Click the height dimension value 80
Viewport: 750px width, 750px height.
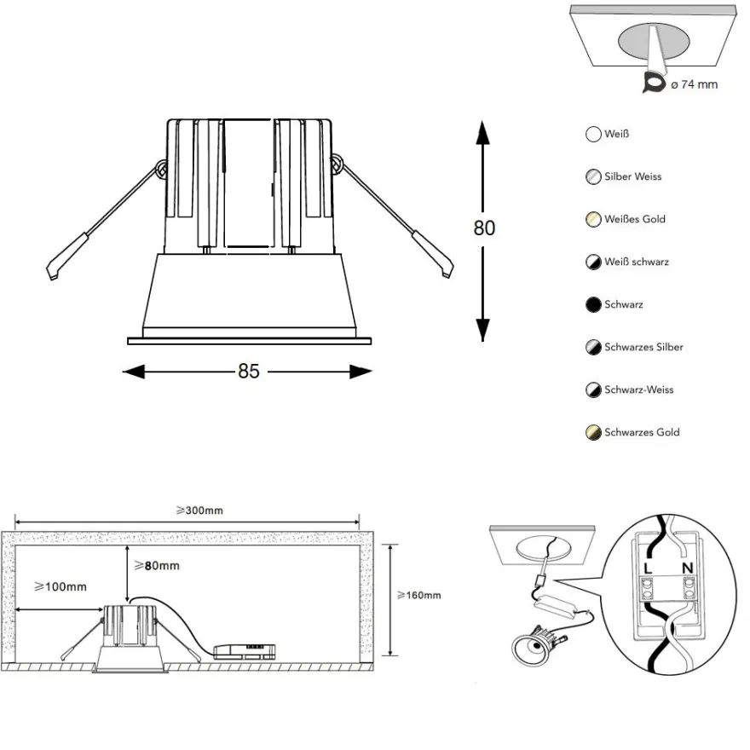pyautogui.click(x=484, y=228)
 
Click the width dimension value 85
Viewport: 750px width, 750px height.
pyautogui.click(x=249, y=372)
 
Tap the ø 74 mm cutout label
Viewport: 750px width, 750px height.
pyautogui.click(x=694, y=84)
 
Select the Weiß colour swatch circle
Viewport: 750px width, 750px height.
pyautogui.click(x=593, y=134)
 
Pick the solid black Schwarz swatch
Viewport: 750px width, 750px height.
pyautogui.click(x=593, y=305)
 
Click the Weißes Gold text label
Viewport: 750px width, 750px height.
pyautogui.click(x=635, y=219)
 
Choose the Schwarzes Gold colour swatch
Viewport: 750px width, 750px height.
pyautogui.click(x=593, y=432)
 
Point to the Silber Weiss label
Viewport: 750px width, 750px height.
pyautogui.click(x=632, y=176)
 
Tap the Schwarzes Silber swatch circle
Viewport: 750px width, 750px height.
pyautogui.click(x=593, y=347)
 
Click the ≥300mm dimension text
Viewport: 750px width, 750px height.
pyautogui.click(x=199, y=511)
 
